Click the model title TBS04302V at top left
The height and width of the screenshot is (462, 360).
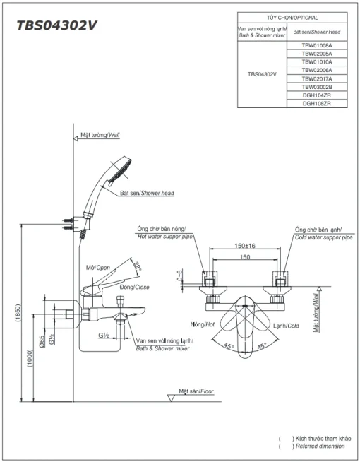pos(56,25)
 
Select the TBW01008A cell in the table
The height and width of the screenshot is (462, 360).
pos(317,45)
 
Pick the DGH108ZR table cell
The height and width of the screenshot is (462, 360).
pos(317,104)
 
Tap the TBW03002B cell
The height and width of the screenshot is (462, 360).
pos(317,87)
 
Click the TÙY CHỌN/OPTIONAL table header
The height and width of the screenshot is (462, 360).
pos(292,18)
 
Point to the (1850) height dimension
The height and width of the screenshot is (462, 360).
pos(18,313)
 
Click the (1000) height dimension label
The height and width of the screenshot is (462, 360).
pos(30,358)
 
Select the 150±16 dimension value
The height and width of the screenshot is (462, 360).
pos(245,245)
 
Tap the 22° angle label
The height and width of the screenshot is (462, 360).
pos(137,266)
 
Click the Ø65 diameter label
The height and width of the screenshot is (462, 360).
pos(42,341)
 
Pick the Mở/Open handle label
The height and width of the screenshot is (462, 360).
pos(98,268)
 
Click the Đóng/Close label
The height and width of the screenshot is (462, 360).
pos(135,287)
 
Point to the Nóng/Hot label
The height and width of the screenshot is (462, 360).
pos(203,324)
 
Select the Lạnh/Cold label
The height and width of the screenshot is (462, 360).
pos(286,326)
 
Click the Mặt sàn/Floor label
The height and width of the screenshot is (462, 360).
pos(196,391)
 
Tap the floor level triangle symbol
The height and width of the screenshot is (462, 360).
pos(171,398)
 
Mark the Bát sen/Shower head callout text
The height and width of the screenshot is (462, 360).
pos(148,194)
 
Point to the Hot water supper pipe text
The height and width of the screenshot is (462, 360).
pos(165,237)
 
